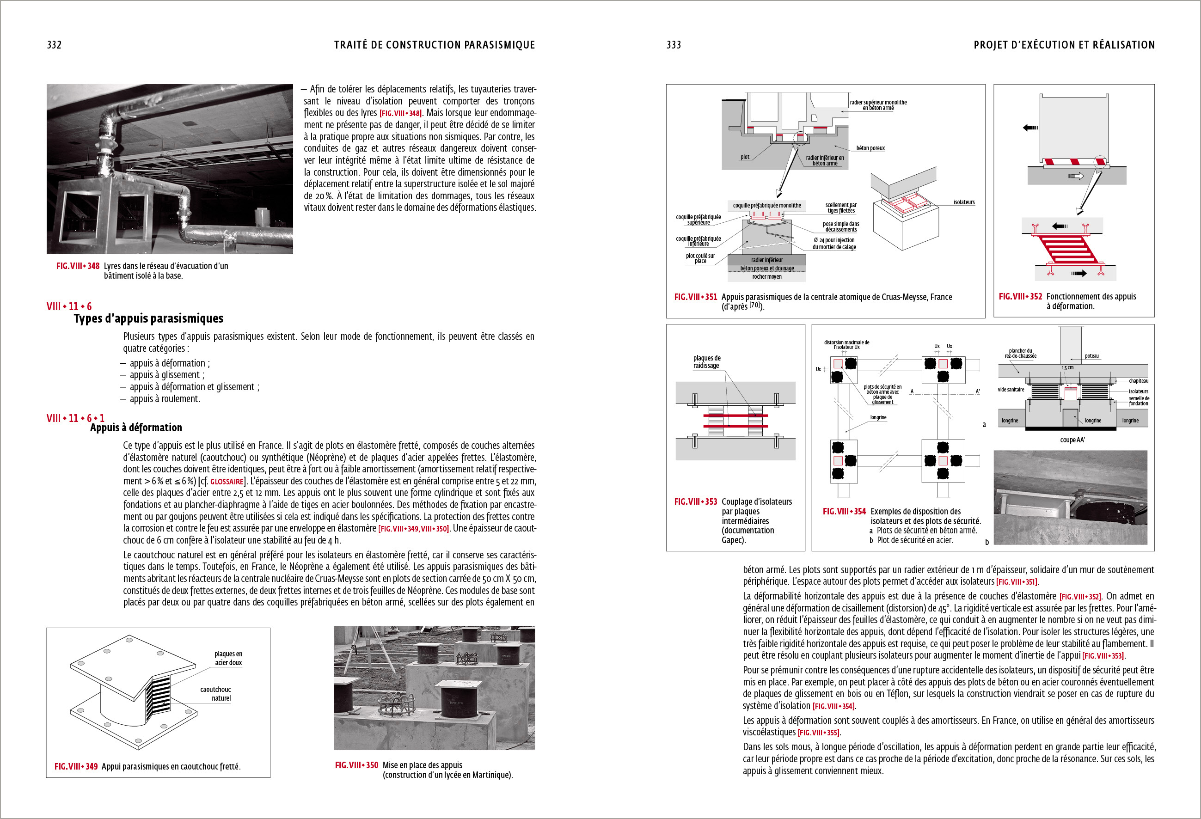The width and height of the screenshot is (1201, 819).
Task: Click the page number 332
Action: coord(54,45)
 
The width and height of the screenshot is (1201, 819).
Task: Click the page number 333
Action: coord(674,45)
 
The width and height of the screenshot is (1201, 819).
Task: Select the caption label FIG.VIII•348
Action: coord(78,266)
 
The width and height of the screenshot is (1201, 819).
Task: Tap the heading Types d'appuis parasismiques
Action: coord(148,318)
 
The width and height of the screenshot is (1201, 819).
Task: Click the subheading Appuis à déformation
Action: coord(136,428)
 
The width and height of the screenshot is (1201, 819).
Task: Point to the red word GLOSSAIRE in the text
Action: coord(227,482)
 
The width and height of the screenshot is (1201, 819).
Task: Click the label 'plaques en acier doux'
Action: coord(228,658)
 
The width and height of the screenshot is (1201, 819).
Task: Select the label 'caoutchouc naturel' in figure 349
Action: coord(216,693)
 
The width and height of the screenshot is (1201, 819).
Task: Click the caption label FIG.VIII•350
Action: coord(356,765)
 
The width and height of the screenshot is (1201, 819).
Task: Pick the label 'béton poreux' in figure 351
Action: coord(870,148)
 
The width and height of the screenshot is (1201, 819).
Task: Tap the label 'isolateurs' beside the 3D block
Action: coord(964,202)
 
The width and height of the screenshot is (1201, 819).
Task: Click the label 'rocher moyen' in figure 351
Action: coord(766,277)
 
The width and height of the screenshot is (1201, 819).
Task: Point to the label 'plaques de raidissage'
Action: coord(706,362)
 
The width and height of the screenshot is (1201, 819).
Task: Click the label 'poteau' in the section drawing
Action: coord(1091,356)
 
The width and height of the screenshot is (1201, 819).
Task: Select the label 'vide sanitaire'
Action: coord(1011,390)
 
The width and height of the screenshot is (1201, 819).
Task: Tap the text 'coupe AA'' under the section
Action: coord(1072,440)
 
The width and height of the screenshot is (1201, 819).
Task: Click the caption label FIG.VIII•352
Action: coord(1020,297)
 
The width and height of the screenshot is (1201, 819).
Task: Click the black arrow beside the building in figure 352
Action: coord(1030,128)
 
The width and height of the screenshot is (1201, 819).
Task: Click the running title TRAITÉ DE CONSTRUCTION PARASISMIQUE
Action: coord(434,45)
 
